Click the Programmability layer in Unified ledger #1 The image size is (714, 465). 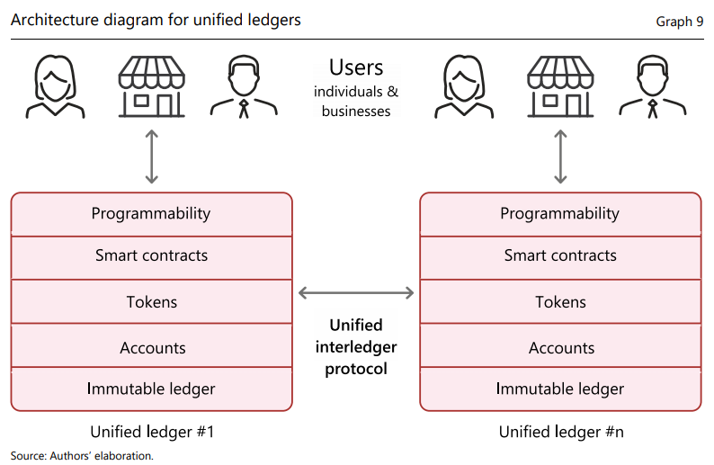[151, 214]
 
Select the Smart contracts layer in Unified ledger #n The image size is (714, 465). [560, 256]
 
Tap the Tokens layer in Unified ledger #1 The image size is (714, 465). [151, 302]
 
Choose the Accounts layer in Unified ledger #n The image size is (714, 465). [560, 348]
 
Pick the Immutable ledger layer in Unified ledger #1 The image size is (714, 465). [151, 389]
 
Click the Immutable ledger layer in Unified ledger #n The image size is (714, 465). [560, 389]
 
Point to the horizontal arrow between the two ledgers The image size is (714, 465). [356, 292]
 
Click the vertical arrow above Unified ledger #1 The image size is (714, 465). [152, 157]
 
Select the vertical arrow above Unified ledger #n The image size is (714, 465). [561, 157]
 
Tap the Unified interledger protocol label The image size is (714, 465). [356, 347]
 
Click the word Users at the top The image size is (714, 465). [356, 67]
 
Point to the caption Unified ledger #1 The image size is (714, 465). [152, 432]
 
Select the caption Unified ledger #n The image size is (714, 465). [561, 432]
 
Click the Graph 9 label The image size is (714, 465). [680, 21]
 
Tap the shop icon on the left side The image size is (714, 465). [152, 87]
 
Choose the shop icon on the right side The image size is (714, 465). [561, 87]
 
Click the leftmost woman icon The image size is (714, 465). [55, 87]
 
